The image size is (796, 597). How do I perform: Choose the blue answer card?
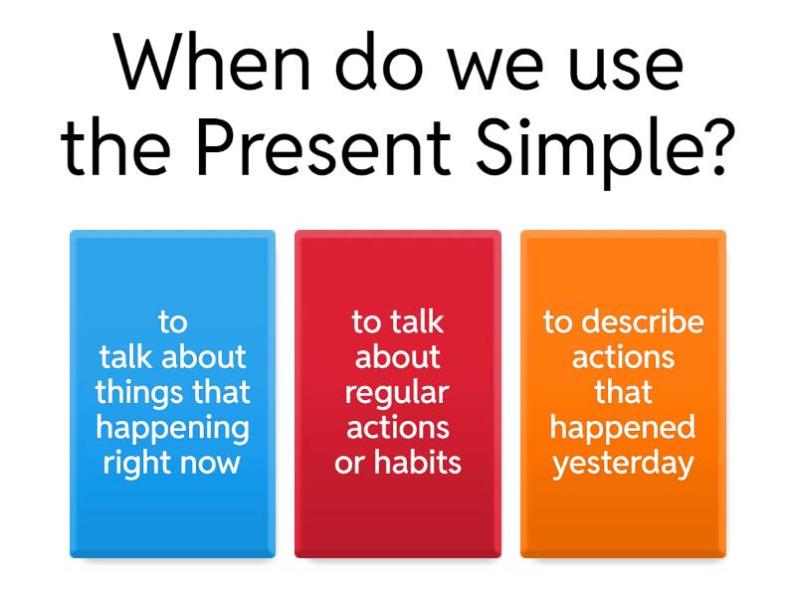pos(172,394)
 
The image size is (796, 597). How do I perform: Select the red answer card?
pos(398,394)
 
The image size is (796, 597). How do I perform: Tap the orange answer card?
pos(623,394)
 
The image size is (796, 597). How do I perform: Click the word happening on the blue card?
pos(172,429)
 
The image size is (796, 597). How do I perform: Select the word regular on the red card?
pos(397,393)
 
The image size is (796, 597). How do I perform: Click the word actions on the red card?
pos(397,428)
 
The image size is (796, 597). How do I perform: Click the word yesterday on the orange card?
pos(623,464)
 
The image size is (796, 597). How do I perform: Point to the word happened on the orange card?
pos(623,429)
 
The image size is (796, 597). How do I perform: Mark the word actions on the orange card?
pos(623,357)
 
